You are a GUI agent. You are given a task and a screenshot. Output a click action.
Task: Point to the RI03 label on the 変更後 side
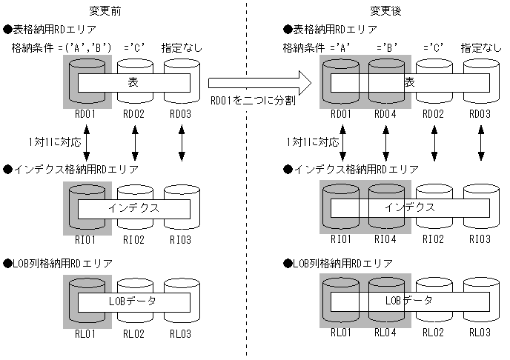479,239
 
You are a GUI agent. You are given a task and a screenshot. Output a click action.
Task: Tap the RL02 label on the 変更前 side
134,333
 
